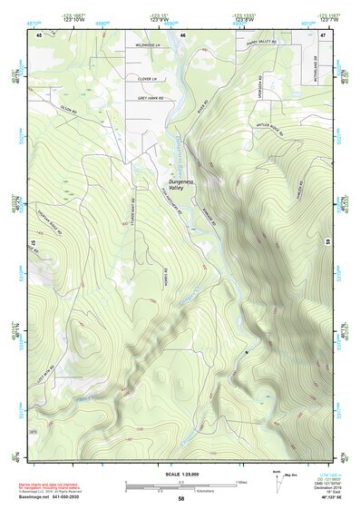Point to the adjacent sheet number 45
(x=39, y=34)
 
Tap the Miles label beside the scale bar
(x=241, y=481)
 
